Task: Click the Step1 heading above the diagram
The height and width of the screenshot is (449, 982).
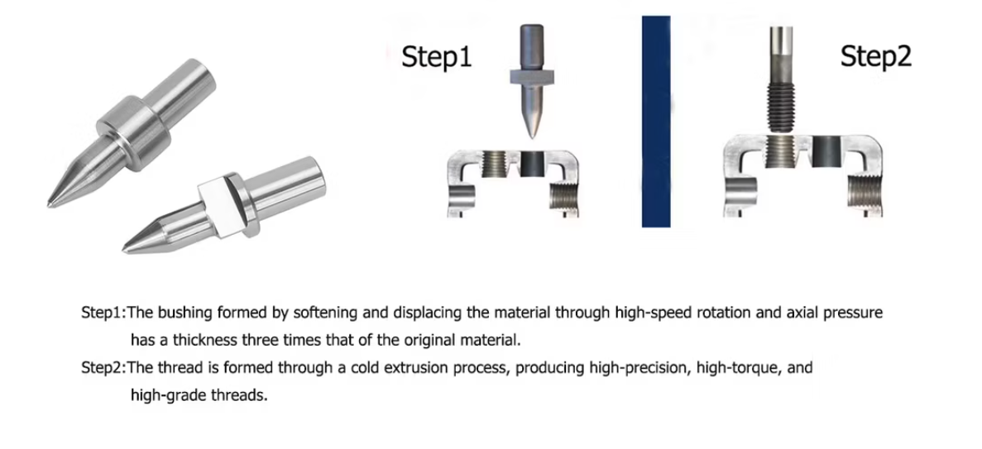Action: tap(437, 56)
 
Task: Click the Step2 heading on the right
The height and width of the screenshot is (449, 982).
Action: tap(875, 56)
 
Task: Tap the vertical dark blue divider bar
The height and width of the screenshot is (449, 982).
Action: tap(656, 122)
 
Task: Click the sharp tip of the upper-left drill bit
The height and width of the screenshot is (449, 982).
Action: tap(49, 204)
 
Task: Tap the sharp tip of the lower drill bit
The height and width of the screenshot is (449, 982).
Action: tap(124, 251)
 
